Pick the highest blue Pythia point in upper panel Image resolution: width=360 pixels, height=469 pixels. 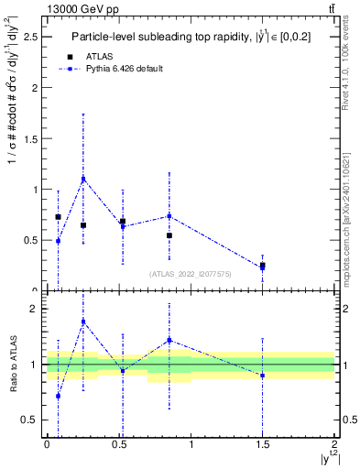[83, 179]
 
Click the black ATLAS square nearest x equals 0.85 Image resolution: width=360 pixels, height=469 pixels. [169, 235]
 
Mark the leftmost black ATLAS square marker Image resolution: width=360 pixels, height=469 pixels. [58, 217]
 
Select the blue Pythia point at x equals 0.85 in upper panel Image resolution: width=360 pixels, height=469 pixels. [169, 216]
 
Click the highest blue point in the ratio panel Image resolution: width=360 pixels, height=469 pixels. [83, 322]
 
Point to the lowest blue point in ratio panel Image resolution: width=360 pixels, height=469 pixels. [58, 396]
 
